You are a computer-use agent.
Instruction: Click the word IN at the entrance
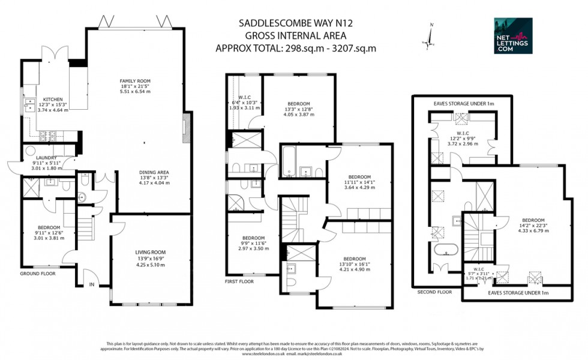(92, 284)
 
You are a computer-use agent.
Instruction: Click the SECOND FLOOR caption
(435, 292)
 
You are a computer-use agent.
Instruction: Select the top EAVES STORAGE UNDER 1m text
(464, 104)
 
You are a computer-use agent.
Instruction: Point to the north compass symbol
(430, 38)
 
